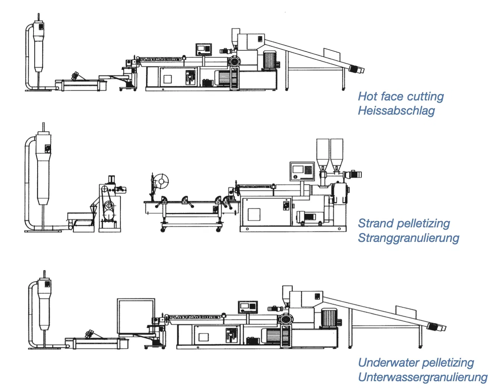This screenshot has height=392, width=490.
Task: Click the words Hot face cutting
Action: pos(401,96)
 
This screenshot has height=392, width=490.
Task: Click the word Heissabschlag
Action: pos(396,111)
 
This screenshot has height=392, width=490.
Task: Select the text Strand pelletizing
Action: pos(403,223)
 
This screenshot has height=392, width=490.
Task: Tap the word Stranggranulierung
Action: pos(408,238)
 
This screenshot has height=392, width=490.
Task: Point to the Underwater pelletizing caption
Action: pos(415,363)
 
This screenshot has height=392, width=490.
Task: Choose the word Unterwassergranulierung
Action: pos(422,377)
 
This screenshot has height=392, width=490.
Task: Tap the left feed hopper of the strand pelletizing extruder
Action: pos(323,153)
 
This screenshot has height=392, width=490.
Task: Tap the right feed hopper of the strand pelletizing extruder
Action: pos(336,153)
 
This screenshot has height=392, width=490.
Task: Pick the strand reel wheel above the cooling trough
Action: pos(161,182)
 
